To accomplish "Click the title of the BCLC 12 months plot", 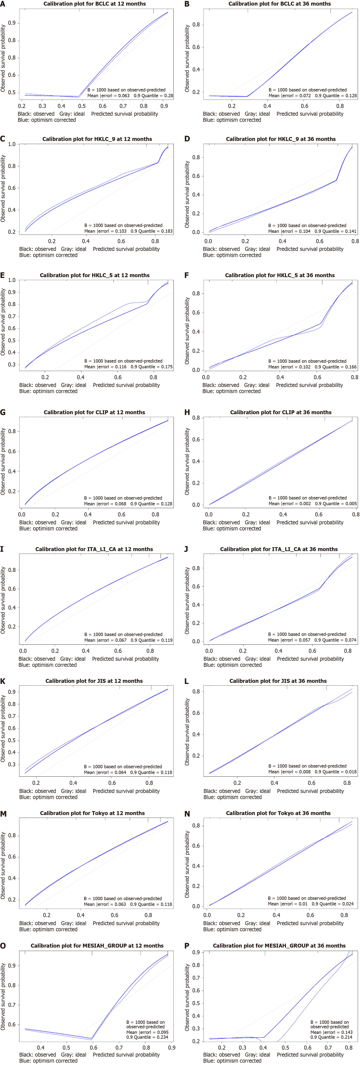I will point(95,4).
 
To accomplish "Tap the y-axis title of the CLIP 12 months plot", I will point(3,461).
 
